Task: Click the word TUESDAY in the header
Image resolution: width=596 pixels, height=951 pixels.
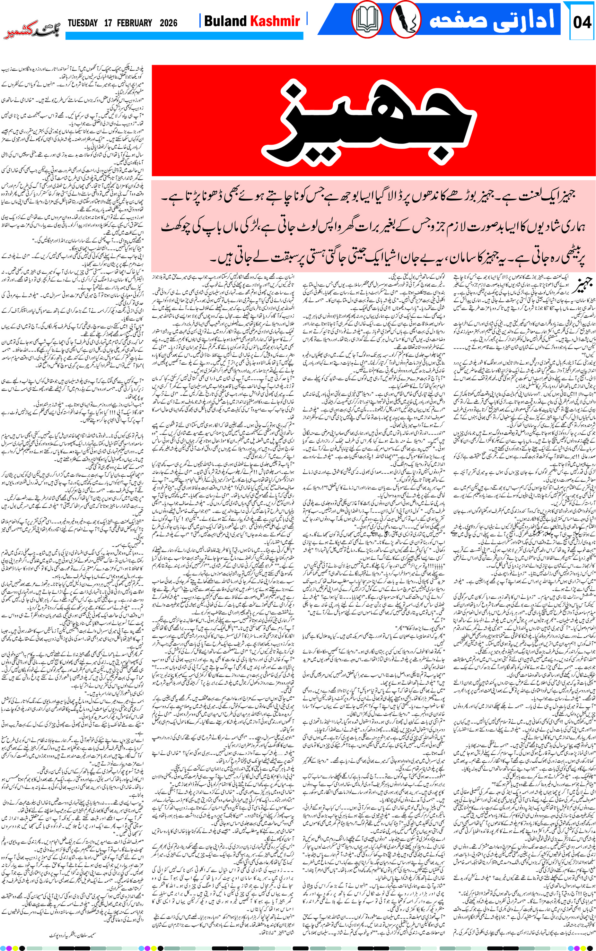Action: pyautogui.click(x=83, y=23)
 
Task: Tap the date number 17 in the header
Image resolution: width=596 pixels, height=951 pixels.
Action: pyautogui.click(x=108, y=23)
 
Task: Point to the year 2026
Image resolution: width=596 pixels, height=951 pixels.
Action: pyautogui.click(x=168, y=23)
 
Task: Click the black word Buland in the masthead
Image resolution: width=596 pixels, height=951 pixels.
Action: pyautogui.click(x=225, y=21)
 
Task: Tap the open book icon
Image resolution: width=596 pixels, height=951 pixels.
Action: pyautogui.click(x=367, y=19)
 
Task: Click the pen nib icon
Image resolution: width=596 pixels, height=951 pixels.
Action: pyautogui.click(x=405, y=19)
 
